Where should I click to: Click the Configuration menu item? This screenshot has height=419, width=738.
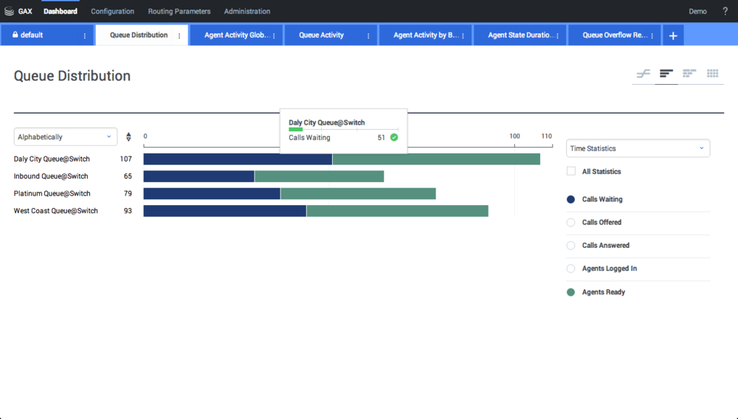point(112,11)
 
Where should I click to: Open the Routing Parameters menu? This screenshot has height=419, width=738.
point(179,11)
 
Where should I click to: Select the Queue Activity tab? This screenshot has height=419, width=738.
point(321,35)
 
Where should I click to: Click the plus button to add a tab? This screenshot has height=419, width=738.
point(673,35)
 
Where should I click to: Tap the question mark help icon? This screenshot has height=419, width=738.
point(725,11)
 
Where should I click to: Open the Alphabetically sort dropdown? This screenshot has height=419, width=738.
point(65,136)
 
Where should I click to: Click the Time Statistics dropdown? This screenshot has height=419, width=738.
point(638,148)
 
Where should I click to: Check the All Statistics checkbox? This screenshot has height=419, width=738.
point(571,171)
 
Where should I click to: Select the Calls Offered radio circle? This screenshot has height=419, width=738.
point(571,222)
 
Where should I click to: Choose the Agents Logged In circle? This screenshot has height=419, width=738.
point(571,269)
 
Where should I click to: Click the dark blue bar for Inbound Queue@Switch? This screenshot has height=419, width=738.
point(199,176)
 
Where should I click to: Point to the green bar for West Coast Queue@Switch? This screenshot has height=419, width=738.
point(397,211)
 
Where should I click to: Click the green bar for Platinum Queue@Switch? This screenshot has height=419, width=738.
point(358,193)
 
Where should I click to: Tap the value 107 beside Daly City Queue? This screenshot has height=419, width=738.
point(125,159)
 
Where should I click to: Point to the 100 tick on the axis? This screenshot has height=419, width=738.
point(514,136)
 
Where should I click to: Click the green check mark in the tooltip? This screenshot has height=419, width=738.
point(394,137)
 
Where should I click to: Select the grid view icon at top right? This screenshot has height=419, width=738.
point(712,73)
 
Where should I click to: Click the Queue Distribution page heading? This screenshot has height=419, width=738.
point(72,76)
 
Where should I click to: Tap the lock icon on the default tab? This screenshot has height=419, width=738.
point(15,35)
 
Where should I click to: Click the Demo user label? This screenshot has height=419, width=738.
point(697,11)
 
